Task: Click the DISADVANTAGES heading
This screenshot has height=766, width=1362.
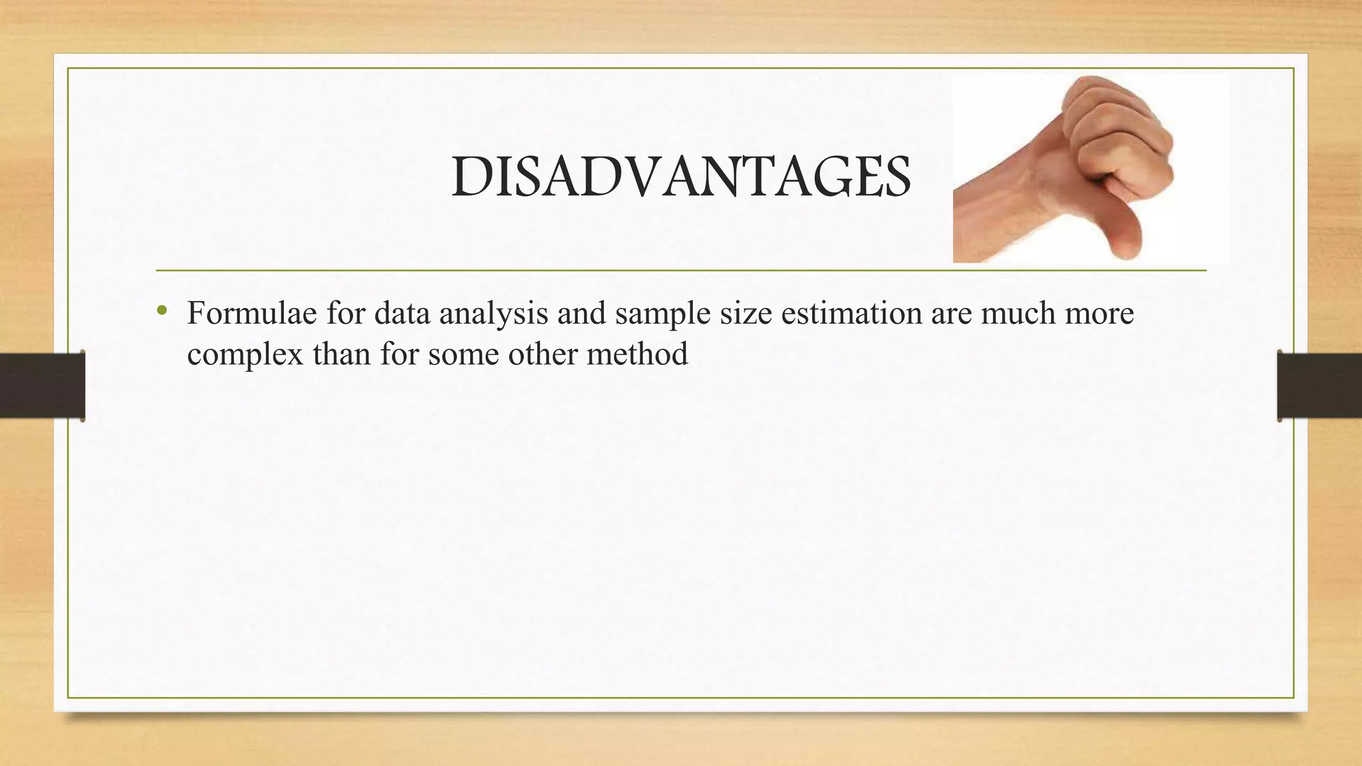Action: pos(681,178)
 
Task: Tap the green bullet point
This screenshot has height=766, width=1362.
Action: pos(161,311)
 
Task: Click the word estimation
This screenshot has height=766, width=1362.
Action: pos(851,313)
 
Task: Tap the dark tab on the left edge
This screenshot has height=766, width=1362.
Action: pos(42,385)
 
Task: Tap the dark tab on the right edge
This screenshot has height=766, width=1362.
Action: pos(1319,385)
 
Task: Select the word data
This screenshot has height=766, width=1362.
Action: pos(402,313)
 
